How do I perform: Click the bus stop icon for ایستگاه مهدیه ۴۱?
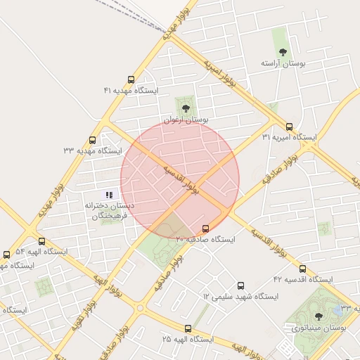click(131, 80)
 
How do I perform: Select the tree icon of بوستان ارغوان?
click(186, 108)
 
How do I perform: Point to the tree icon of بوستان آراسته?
click(283, 52)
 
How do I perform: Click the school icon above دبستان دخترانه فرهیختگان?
click(109, 194)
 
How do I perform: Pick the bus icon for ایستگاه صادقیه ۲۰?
click(206, 229)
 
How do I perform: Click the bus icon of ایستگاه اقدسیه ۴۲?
click(303, 269)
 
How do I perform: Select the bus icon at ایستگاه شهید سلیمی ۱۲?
click(241, 285)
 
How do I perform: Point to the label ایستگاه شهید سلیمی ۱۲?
click(241, 297)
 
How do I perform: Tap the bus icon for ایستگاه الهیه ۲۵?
click(188, 328)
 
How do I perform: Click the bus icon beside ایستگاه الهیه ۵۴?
click(7, 254)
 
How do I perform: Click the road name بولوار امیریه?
click(226, 76)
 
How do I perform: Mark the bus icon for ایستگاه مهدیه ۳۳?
click(93, 140)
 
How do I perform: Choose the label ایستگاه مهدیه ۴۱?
click(131, 91)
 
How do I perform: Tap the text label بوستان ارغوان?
click(186, 120)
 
